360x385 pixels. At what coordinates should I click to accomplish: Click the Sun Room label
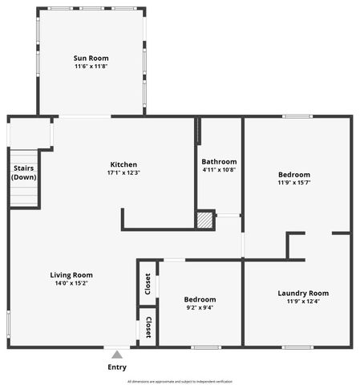[91, 58]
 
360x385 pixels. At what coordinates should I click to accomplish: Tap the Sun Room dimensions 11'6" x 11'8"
[91, 67]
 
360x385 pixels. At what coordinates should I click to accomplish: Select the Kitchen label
[123, 164]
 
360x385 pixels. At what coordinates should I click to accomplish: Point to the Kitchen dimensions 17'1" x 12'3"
[123, 173]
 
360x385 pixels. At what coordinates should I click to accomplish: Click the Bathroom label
[219, 161]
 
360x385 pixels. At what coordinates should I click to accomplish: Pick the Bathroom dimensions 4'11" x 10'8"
[219, 170]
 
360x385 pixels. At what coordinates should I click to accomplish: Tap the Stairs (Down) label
[24, 172]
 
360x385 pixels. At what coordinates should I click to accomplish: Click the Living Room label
[71, 274]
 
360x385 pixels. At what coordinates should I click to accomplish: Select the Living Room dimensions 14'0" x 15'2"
[71, 283]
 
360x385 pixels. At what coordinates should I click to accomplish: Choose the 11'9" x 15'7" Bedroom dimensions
[294, 183]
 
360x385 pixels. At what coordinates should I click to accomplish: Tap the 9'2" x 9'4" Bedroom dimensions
[200, 307]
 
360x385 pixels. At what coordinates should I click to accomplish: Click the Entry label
[117, 367]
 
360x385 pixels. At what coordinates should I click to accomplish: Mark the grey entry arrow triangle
[117, 355]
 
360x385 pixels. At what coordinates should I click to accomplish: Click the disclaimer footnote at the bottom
[180, 381]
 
